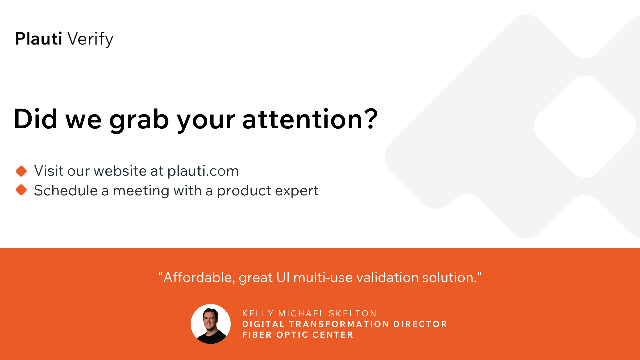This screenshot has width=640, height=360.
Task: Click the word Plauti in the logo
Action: tap(39, 39)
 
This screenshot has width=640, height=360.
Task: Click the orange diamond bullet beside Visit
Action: tap(21, 171)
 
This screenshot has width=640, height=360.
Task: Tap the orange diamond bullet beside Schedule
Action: tap(21, 190)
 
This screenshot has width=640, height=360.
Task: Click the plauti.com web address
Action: tap(203, 171)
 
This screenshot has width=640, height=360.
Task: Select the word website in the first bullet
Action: tap(120, 171)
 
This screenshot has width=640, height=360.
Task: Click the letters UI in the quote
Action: tap(283, 277)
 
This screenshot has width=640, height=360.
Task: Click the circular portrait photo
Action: tap(211, 324)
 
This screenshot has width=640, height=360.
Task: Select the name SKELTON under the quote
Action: tap(353, 313)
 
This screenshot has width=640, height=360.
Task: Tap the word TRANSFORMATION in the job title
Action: tap(339, 324)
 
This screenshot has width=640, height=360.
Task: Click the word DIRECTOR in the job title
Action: tap(420, 324)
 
